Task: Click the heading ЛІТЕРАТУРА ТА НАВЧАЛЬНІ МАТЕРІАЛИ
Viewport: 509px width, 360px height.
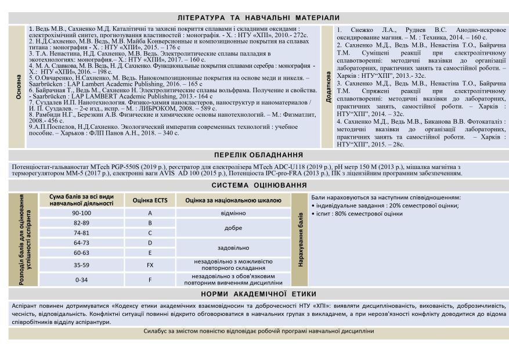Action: coord(258,18)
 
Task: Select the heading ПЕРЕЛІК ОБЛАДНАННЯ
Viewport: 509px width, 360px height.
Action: coord(258,155)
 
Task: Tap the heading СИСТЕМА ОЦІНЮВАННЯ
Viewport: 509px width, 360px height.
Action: coord(258,185)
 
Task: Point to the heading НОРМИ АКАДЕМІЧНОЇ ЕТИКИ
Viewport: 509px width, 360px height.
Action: coord(258,294)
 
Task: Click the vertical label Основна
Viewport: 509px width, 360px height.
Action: coord(19,87)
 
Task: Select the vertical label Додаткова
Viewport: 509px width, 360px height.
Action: coord(328,87)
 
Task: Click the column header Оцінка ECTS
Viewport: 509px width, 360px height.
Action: coord(150,200)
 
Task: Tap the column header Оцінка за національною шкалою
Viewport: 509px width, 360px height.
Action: coord(233,200)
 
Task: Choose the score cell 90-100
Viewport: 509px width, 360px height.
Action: coord(81,213)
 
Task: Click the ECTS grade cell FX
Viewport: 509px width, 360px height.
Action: coord(150,265)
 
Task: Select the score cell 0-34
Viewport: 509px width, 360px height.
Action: coord(81,279)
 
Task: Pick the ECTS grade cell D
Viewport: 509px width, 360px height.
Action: coord(150,243)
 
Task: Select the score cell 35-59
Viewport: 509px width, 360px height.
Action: coord(81,265)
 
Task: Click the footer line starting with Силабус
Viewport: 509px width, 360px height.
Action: coord(258,332)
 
